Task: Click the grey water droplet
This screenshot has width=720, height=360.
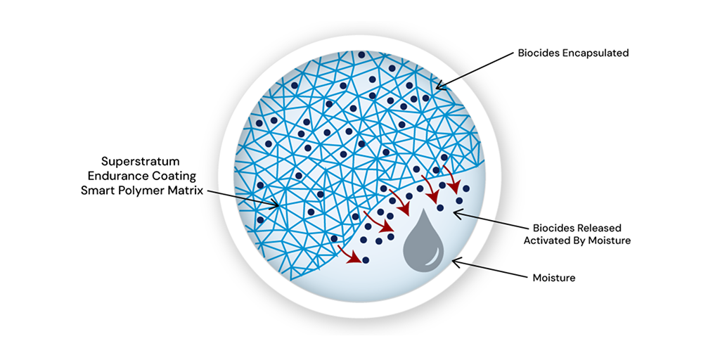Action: click(424, 246)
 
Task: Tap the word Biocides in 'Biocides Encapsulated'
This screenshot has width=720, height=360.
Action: click(537, 53)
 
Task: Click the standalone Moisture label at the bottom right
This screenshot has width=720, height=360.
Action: click(554, 278)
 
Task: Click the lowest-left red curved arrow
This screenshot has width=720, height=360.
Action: click(347, 252)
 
